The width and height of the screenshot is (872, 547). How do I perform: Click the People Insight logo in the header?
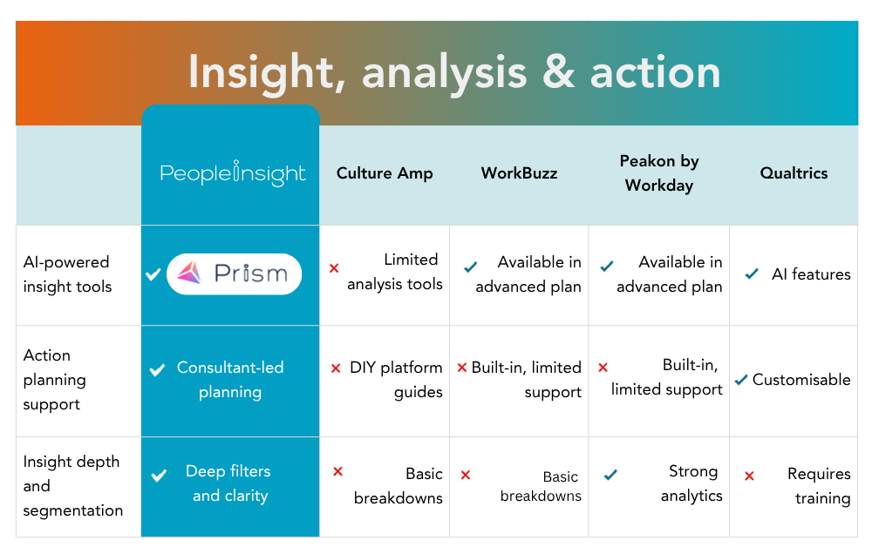(233, 173)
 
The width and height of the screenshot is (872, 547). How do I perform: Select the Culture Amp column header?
(385, 173)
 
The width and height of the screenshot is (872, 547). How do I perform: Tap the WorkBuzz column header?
(519, 173)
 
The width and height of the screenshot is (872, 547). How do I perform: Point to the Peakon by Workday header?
(659, 173)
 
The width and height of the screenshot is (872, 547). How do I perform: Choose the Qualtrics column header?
(794, 173)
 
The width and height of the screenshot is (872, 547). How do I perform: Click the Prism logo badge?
(234, 274)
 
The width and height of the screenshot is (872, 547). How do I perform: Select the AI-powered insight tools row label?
(67, 274)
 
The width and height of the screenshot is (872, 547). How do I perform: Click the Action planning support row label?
(54, 380)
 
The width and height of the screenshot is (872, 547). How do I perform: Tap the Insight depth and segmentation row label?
(72, 486)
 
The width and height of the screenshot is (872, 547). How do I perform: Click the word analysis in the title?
(444, 72)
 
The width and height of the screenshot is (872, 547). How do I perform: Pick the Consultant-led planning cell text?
(230, 380)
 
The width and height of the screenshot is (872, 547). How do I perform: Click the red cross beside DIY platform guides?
(336, 368)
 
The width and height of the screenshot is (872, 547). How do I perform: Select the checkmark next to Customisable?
(741, 380)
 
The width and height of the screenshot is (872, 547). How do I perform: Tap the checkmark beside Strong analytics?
(610, 475)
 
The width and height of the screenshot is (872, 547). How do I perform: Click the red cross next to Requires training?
(749, 476)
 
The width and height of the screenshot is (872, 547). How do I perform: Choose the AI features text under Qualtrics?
(811, 274)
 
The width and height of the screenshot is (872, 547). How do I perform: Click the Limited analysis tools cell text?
(395, 272)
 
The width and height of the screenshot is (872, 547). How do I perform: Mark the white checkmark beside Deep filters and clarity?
(159, 476)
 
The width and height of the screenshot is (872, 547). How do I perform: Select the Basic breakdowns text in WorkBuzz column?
(542, 486)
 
